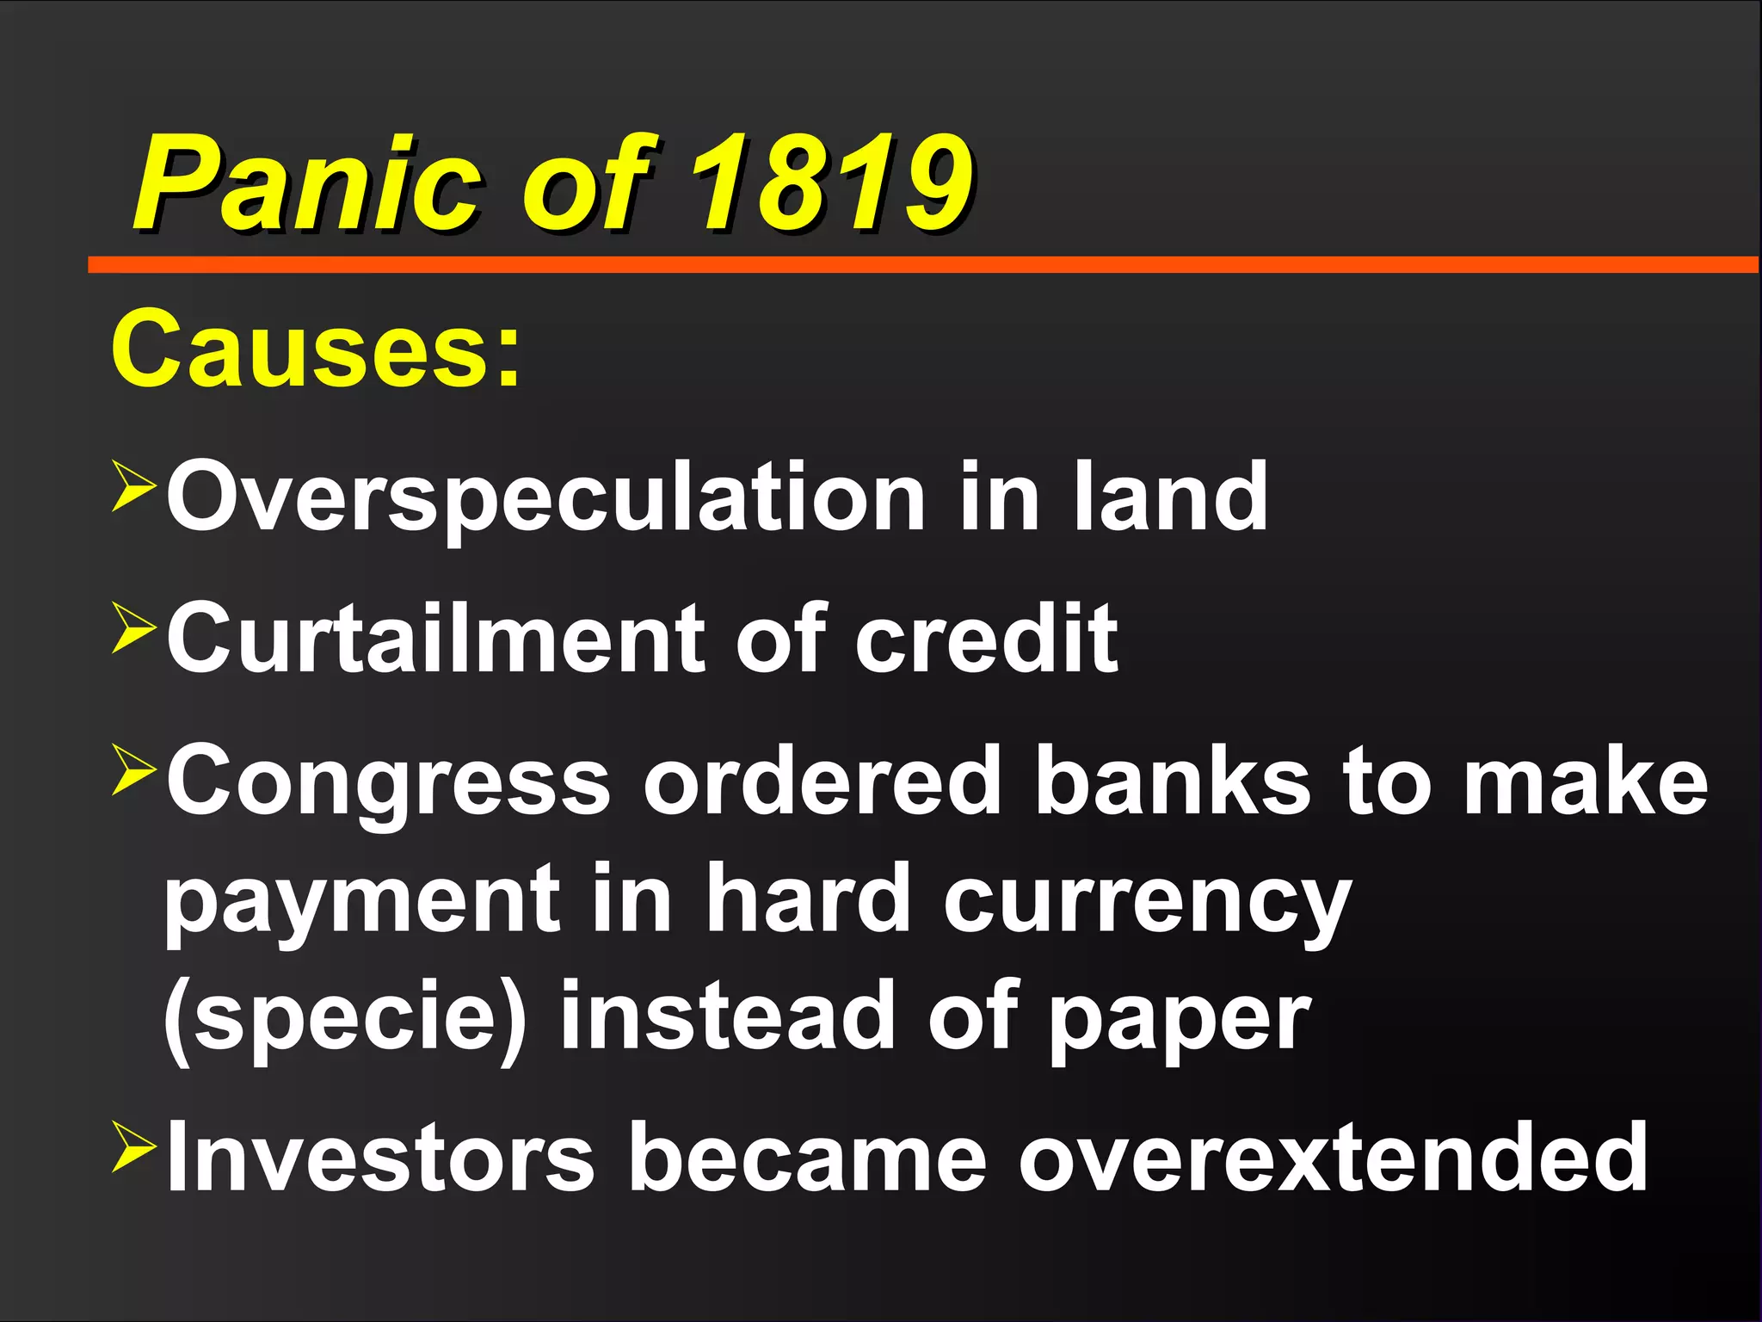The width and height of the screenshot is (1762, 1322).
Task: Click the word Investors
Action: (x=379, y=1158)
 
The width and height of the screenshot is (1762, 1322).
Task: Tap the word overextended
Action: (x=1333, y=1158)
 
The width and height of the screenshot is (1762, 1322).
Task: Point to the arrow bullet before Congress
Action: (x=133, y=772)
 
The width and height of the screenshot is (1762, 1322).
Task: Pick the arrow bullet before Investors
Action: (x=133, y=1150)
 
